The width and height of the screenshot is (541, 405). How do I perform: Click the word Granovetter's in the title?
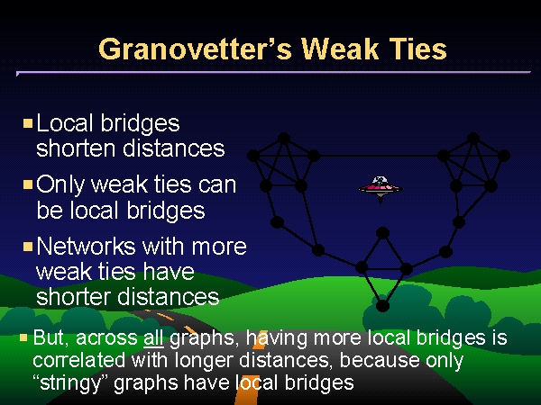click(x=195, y=49)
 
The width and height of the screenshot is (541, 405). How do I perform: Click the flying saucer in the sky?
click(x=381, y=188)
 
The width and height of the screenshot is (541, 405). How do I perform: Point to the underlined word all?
click(x=153, y=337)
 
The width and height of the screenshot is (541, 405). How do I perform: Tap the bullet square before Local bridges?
click(x=28, y=123)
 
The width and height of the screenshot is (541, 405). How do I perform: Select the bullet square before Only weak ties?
click(x=28, y=184)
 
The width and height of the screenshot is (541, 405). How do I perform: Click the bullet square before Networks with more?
click(x=28, y=247)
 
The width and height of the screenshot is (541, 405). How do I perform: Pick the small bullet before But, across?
click(x=23, y=337)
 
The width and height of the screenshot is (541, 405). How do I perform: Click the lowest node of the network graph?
click(x=382, y=305)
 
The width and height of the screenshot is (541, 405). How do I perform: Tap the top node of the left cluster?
click(x=284, y=139)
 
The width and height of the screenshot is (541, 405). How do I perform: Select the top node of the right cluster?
click(x=473, y=139)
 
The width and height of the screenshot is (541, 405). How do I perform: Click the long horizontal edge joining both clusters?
click(x=379, y=156)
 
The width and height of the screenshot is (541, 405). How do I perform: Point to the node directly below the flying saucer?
click(x=382, y=233)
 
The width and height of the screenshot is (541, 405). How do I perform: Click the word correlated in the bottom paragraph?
click(x=79, y=360)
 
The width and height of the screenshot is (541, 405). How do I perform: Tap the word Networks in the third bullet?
click(x=86, y=247)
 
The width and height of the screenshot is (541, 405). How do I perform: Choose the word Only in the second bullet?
click(x=60, y=184)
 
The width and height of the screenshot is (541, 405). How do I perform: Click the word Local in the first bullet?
click(x=65, y=123)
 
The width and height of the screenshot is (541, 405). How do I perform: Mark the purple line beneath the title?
click(x=273, y=73)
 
